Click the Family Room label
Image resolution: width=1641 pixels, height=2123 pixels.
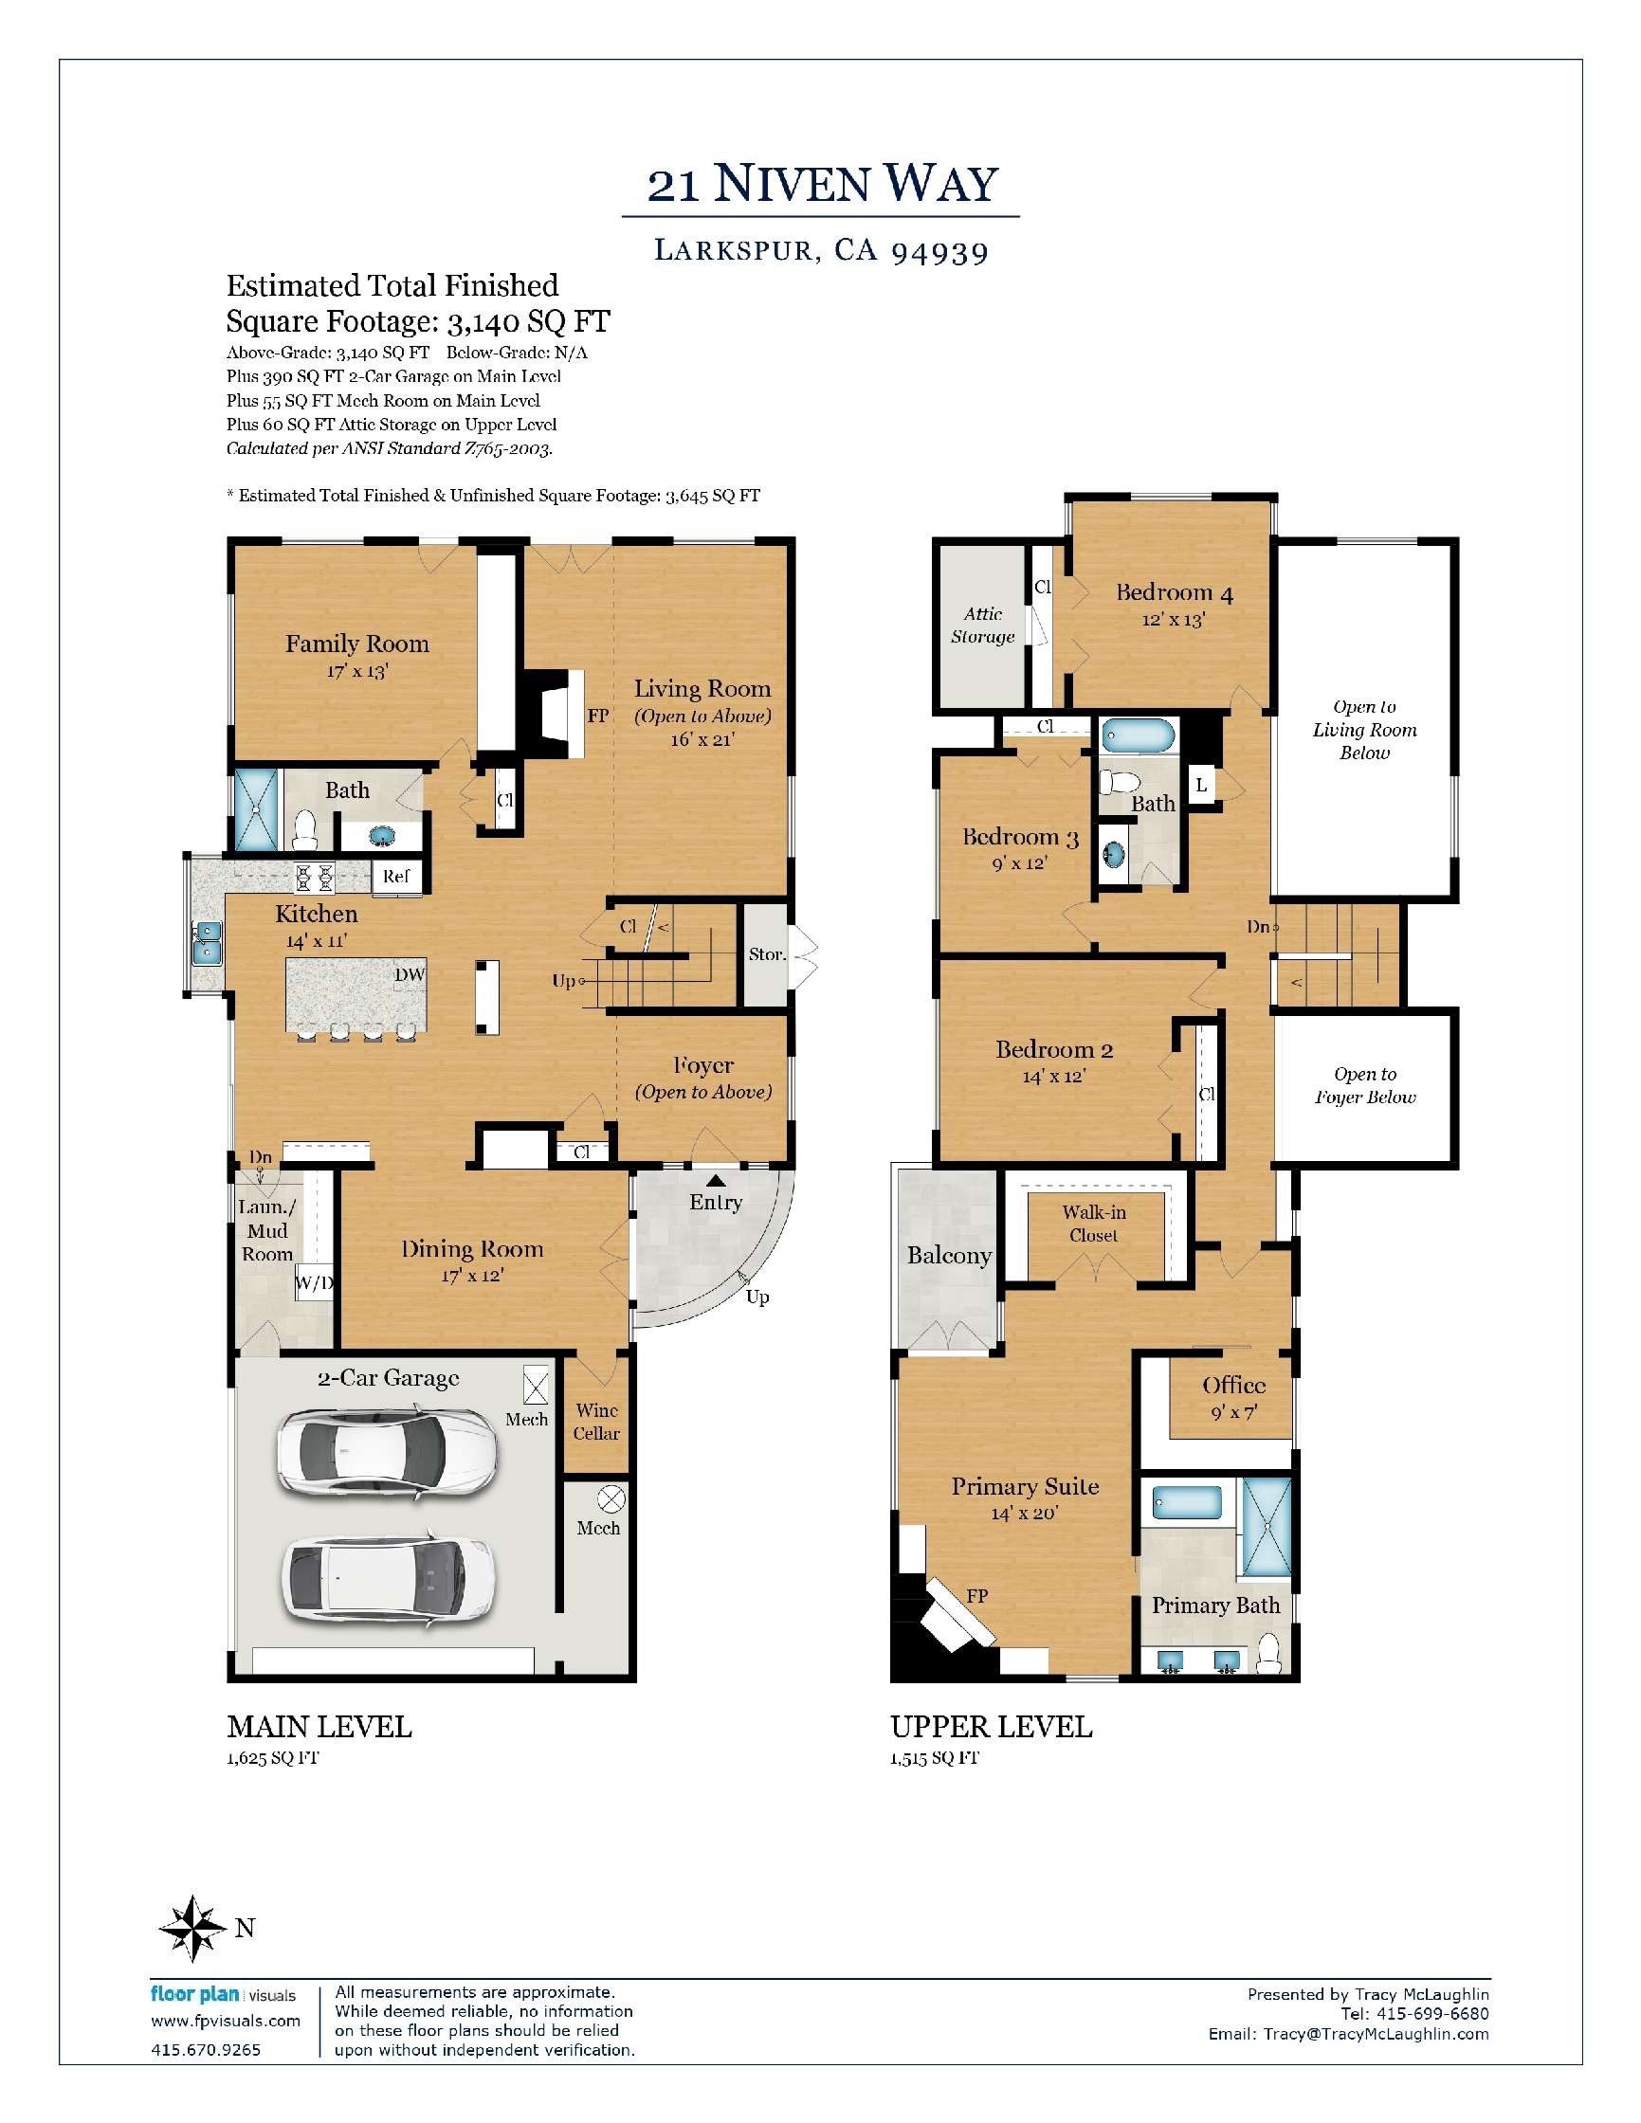point(356,644)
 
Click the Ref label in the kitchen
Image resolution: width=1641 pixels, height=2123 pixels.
point(395,876)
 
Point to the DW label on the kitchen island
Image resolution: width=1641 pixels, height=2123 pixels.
point(410,975)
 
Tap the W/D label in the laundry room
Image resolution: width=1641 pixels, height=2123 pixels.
point(314,1283)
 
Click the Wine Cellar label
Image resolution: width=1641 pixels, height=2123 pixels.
point(597,1421)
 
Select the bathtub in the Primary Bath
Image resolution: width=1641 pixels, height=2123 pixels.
point(1187,1504)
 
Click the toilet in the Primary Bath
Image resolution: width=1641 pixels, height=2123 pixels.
point(1267,1654)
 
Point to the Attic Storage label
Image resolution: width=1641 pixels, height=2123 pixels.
point(983,625)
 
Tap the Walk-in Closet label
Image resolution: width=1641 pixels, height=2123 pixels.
point(1094,1223)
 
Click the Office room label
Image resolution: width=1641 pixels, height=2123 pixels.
point(1233,1386)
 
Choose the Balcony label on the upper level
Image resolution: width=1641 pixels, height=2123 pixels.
point(949,1255)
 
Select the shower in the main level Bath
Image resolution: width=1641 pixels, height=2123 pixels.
point(256,809)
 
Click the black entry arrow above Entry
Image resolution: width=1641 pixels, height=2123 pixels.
point(716,1180)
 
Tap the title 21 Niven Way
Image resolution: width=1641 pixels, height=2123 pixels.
point(823,184)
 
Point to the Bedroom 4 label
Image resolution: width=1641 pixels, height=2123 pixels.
point(1175,592)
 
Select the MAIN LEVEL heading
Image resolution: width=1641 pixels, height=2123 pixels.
point(319,1727)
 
